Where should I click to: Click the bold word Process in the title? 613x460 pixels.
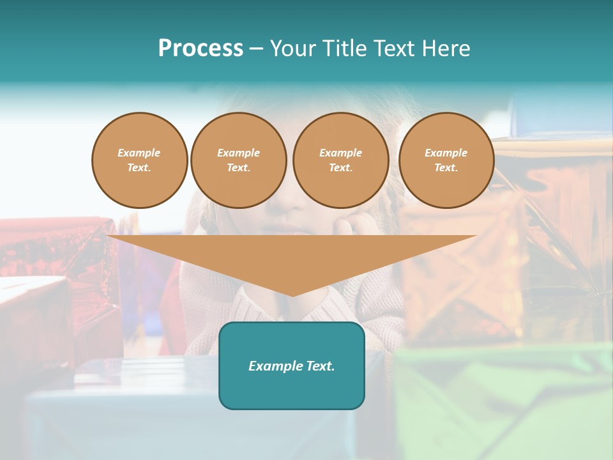tap(201, 49)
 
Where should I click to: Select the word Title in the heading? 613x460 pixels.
tap(344, 49)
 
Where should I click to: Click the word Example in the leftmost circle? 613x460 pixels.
tap(139, 153)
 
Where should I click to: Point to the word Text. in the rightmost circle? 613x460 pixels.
tap(446, 168)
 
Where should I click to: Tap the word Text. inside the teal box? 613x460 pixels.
tap(320, 366)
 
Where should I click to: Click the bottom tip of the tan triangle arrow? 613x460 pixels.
tap(292, 295)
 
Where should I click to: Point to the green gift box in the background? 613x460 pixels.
tap(504, 402)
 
